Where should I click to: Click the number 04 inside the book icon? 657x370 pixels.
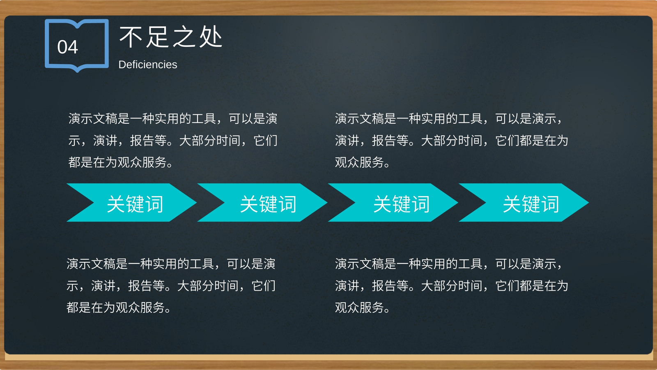click(67, 47)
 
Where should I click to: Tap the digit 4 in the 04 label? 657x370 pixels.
click(73, 47)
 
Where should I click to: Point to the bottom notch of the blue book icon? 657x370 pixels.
click(77, 69)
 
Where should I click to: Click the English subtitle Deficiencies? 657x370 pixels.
click(148, 65)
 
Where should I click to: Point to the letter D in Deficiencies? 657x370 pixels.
click(122, 65)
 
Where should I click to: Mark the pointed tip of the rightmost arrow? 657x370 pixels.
click(588, 202)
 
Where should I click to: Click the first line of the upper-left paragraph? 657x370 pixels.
click(173, 119)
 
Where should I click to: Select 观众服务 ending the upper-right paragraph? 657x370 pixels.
click(360, 162)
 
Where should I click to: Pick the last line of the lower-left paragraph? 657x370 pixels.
click(118, 308)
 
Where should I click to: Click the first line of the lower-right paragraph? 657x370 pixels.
click(448, 264)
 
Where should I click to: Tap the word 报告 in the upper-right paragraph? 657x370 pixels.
click(384, 140)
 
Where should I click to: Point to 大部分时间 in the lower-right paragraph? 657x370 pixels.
click(451, 286)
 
